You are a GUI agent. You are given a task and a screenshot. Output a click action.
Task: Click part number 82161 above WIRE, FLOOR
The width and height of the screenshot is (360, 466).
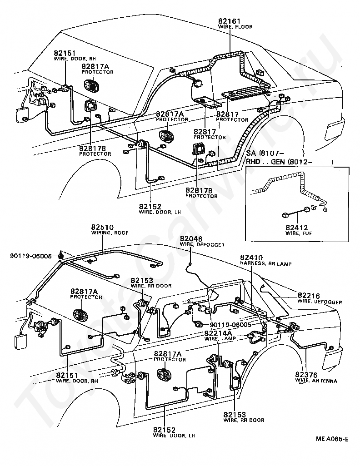[229, 21]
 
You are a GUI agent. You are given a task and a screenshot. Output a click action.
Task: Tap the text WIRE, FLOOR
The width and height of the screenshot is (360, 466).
[235, 27]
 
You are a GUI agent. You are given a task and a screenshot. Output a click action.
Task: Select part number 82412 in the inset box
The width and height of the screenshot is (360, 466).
[296, 228]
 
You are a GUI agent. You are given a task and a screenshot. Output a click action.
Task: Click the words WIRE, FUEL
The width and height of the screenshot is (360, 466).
[300, 233]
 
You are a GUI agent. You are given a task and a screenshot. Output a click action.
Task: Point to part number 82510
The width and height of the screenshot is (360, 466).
[102, 228]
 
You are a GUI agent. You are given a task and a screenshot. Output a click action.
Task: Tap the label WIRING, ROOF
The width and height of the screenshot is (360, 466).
[110, 233]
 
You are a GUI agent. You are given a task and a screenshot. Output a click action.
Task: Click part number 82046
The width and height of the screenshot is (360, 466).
[191, 239]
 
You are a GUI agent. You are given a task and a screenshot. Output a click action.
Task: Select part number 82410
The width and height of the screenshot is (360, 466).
[251, 258]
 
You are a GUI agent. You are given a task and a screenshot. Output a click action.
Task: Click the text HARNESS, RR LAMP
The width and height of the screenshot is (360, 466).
[266, 263]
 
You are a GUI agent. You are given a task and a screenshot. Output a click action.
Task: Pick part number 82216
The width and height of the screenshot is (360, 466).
[309, 296]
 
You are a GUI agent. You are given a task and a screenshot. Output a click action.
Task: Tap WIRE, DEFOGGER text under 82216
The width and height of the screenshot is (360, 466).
[320, 302]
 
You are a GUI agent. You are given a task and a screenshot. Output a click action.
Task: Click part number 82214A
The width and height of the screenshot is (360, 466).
[218, 333]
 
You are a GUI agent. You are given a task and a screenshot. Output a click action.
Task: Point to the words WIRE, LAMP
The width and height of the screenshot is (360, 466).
[220, 338]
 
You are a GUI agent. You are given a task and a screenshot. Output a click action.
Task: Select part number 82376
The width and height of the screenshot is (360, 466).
[306, 375]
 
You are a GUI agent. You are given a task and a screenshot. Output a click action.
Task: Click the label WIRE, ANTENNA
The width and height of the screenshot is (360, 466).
[316, 381]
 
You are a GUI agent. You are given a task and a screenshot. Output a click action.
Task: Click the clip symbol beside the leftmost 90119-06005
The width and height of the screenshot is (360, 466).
[61, 255]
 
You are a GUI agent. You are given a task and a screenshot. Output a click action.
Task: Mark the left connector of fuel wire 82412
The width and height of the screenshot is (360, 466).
[285, 213]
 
